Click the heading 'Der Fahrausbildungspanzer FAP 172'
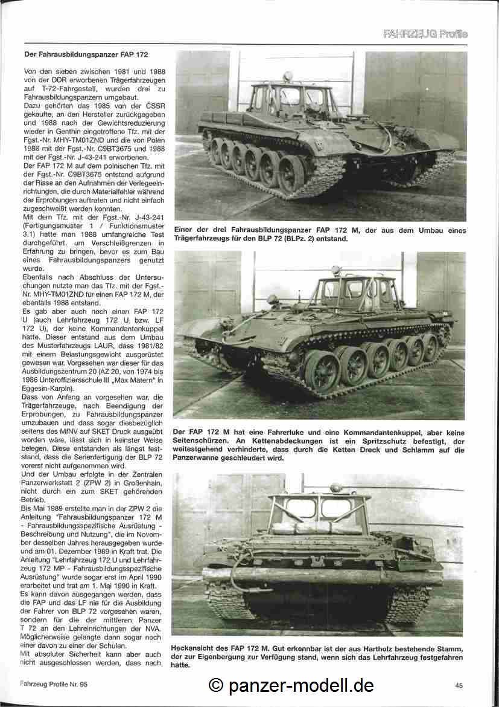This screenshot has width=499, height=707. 86,54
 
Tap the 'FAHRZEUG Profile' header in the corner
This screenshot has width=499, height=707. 425,34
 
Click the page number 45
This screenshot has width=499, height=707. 459,685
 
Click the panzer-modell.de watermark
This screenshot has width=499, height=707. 291,685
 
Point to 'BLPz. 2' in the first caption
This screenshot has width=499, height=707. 318,239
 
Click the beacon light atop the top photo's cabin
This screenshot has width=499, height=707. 287,76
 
